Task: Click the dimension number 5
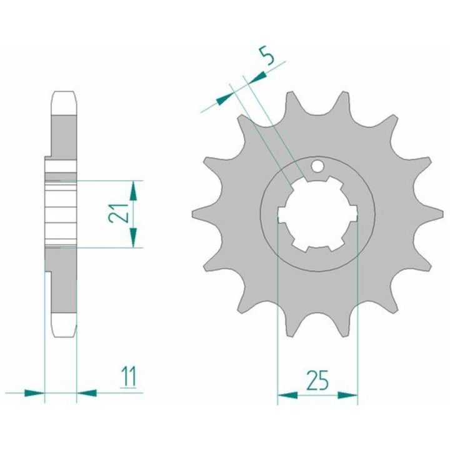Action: (x=267, y=56)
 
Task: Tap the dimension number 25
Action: (x=317, y=380)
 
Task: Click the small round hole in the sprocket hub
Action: (x=317, y=166)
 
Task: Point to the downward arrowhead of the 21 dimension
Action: (x=133, y=237)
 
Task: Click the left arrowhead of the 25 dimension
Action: (x=287, y=396)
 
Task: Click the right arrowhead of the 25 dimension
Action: (x=347, y=396)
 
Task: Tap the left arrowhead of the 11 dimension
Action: (x=35, y=392)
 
